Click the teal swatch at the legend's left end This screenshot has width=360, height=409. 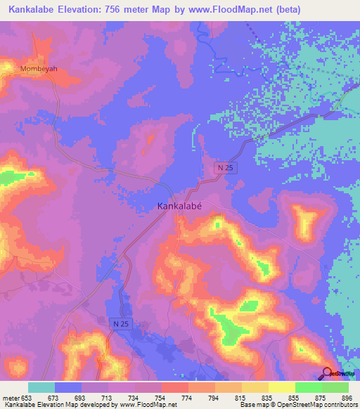[x=41, y=387]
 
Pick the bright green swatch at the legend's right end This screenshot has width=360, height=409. [x=335, y=387]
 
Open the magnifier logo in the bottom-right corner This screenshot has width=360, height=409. [x=328, y=373]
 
